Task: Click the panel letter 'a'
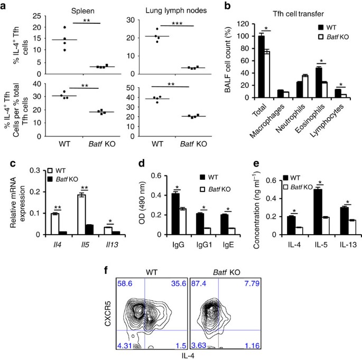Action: [x=5, y=6]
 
